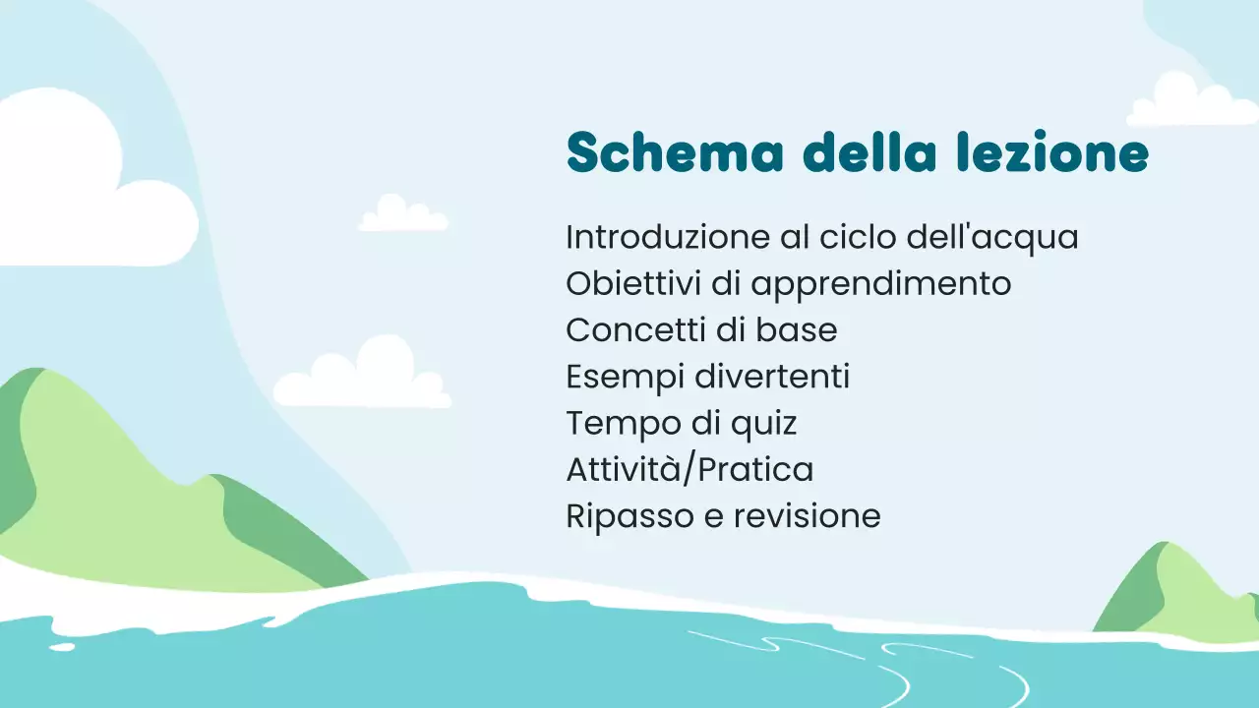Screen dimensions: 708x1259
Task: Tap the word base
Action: (797, 330)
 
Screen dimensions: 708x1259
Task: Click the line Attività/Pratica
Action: (689, 470)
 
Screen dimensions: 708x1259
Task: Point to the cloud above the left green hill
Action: (363, 376)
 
